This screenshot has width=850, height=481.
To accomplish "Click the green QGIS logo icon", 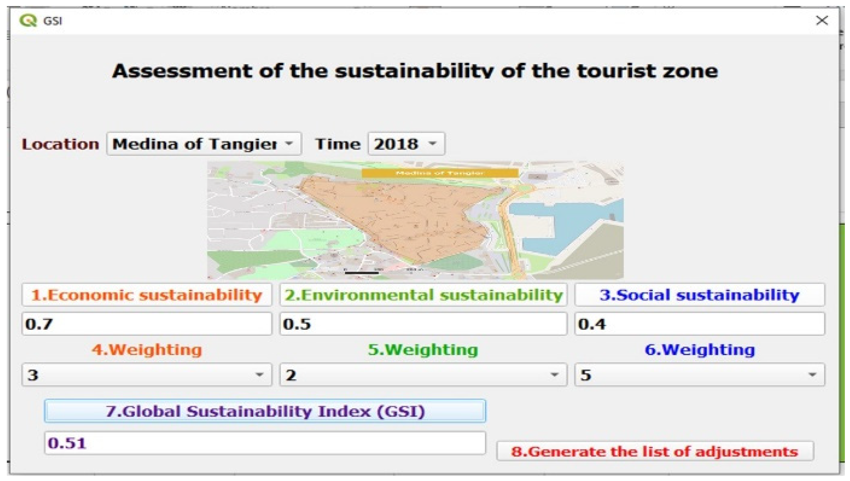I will pos(28,21).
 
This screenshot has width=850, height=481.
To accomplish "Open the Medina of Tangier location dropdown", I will pos(204,144).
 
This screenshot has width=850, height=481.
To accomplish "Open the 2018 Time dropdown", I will pos(406,144).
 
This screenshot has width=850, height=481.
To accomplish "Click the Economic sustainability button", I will pos(147,295).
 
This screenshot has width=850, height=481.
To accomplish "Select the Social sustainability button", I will pos(699,295).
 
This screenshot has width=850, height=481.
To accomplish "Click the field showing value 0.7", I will pos(147,324).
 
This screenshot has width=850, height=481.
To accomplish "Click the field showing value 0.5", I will pos(423,324).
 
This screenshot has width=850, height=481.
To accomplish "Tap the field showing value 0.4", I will pos(699,324).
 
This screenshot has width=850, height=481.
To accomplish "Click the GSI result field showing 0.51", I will pos(265,443).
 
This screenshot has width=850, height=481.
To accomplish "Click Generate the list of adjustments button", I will pos(655,451).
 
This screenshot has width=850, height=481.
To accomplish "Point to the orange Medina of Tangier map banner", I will pos(440,173).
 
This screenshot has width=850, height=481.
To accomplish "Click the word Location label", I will pos(60,144).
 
